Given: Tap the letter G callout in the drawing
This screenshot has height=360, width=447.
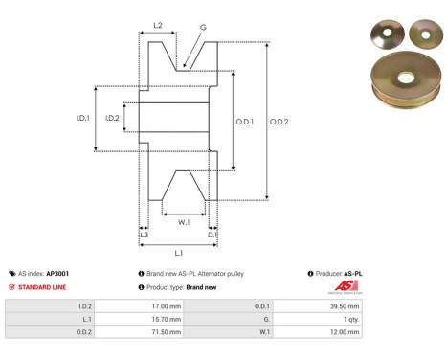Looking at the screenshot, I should (203, 29).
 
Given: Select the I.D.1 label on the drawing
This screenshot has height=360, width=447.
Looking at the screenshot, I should (83, 118).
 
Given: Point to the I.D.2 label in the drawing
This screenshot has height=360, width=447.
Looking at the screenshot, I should (112, 118).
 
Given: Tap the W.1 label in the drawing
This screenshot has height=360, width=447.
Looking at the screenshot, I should (182, 221).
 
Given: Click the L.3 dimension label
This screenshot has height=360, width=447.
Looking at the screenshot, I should (144, 234).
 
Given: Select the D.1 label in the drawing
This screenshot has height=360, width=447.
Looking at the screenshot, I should (212, 234).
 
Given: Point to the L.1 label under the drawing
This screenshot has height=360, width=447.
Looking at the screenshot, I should (179, 253).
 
